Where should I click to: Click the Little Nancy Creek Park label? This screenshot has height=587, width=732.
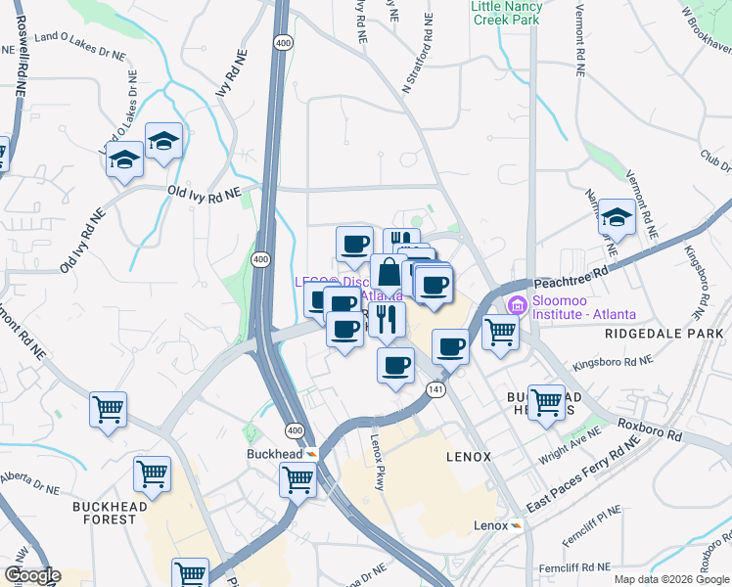pyautogui.click(x=506, y=12)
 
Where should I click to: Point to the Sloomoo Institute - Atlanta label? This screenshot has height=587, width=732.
pyautogui.click(x=584, y=308)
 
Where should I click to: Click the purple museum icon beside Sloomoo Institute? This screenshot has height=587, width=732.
pyautogui.click(x=518, y=307)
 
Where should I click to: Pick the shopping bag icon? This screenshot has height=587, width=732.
pyautogui.click(x=389, y=273)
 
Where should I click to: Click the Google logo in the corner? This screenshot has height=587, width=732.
pyautogui.click(x=32, y=575)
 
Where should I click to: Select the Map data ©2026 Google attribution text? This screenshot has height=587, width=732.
pyautogui.click(x=670, y=579)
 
